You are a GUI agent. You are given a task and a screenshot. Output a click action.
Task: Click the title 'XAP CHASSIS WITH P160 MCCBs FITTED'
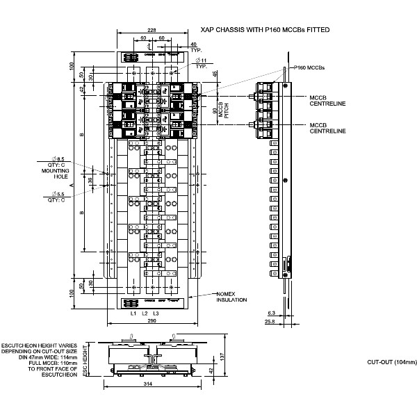pos(264,30)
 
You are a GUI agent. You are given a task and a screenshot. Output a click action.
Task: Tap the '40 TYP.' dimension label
pos(194,48)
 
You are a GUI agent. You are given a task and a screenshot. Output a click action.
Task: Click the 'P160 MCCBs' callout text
pos(311,67)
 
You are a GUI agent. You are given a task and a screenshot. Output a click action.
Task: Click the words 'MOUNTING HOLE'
pos(55,174)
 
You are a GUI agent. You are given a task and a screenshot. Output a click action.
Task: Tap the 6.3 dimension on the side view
pos(272,313)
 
